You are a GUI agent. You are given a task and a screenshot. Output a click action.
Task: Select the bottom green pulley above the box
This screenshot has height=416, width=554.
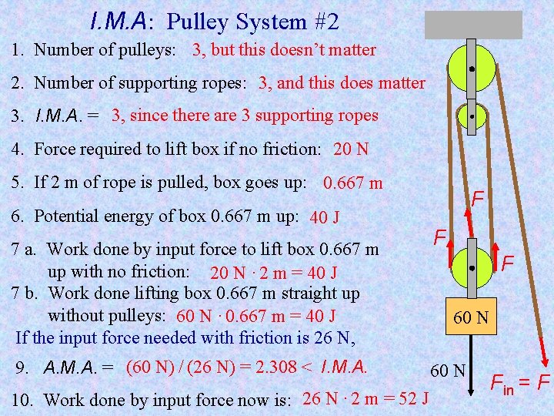click(x=471, y=267)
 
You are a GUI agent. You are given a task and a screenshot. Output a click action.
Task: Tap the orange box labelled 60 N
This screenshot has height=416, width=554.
click(x=472, y=317)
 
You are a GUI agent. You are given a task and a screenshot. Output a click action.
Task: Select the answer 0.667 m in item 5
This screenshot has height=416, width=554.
click(x=353, y=184)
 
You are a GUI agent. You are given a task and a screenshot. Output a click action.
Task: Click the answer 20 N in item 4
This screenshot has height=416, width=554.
click(x=351, y=149)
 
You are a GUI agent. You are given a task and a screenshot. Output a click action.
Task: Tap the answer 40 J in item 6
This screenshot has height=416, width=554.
click(x=325, y=218)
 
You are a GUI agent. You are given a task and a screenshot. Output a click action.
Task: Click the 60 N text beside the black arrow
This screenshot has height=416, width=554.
click(x=449, y=371)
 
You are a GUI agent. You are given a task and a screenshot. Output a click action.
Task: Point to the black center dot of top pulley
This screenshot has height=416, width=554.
click(x=471, y=68)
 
